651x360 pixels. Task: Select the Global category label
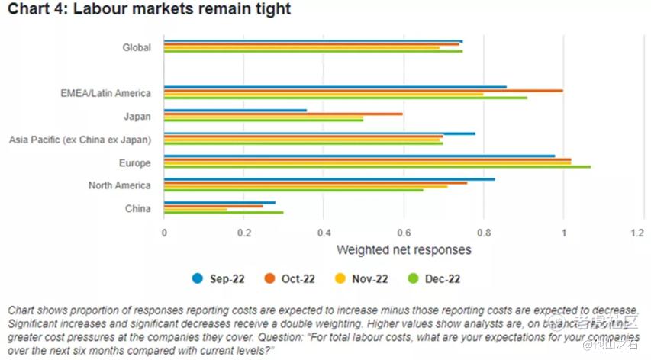[137, 47]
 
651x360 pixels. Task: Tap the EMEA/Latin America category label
[105, 93]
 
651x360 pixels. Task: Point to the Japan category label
[137, 116]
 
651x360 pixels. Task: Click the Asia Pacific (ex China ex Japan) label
[79, 139]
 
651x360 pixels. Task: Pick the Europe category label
[134, 162]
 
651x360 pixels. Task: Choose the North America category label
[119, 185]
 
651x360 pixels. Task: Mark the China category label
[137, 208]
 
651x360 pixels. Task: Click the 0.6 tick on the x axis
[404, 232]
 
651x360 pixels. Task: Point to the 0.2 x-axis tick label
[244, 232]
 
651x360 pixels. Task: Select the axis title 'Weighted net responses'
[404, 249]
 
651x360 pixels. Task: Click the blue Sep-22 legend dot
[197, 279]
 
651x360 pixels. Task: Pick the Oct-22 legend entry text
[298, 279]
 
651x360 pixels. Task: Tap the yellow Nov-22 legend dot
[343, 279]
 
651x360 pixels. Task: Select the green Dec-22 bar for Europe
[377, 166]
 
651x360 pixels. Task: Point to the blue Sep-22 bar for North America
[329, 179]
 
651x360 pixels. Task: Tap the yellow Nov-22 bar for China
[195, 209]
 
